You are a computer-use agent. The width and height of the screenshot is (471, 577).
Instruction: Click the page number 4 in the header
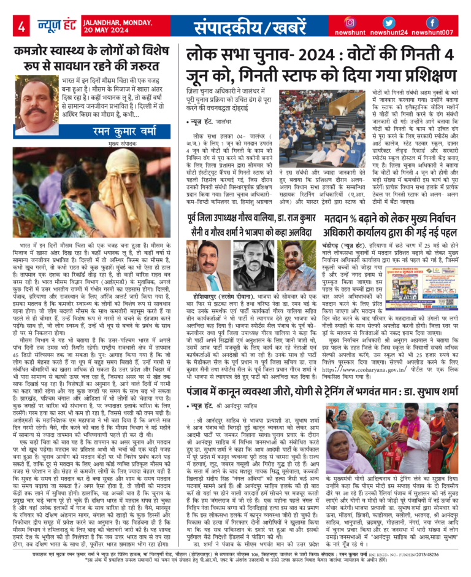22,26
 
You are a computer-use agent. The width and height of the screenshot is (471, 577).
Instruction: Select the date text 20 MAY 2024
115,31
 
